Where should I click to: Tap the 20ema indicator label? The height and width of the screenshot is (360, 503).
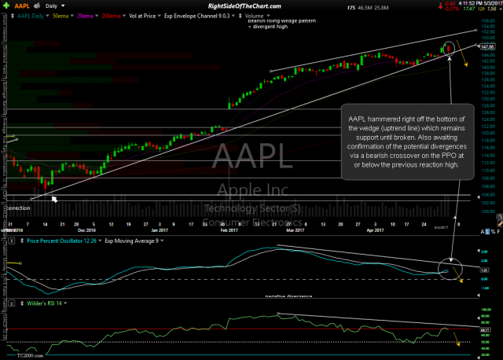(x=90, y=15)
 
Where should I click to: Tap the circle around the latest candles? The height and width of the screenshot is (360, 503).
(x=449, y=48)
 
